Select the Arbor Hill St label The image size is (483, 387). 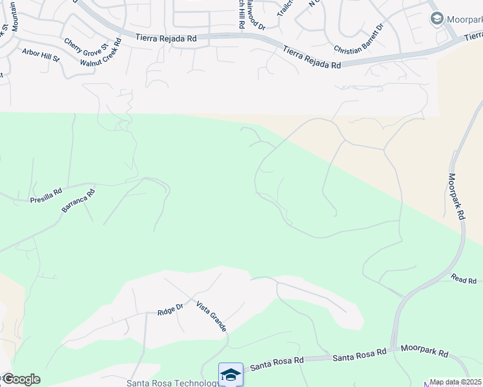40,54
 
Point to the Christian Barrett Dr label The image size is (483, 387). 359,38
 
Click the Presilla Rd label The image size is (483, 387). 46,196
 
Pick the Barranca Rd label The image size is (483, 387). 78,201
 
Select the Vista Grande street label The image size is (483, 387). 211,315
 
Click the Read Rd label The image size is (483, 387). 464,280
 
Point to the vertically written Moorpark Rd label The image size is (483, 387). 457,197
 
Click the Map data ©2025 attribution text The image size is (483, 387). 456,382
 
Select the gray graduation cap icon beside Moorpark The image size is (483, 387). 436,19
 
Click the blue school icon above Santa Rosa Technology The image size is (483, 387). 231,374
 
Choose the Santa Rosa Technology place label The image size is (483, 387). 173,383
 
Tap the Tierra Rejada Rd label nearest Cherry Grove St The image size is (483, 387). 166,39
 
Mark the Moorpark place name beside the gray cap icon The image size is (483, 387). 465,19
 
